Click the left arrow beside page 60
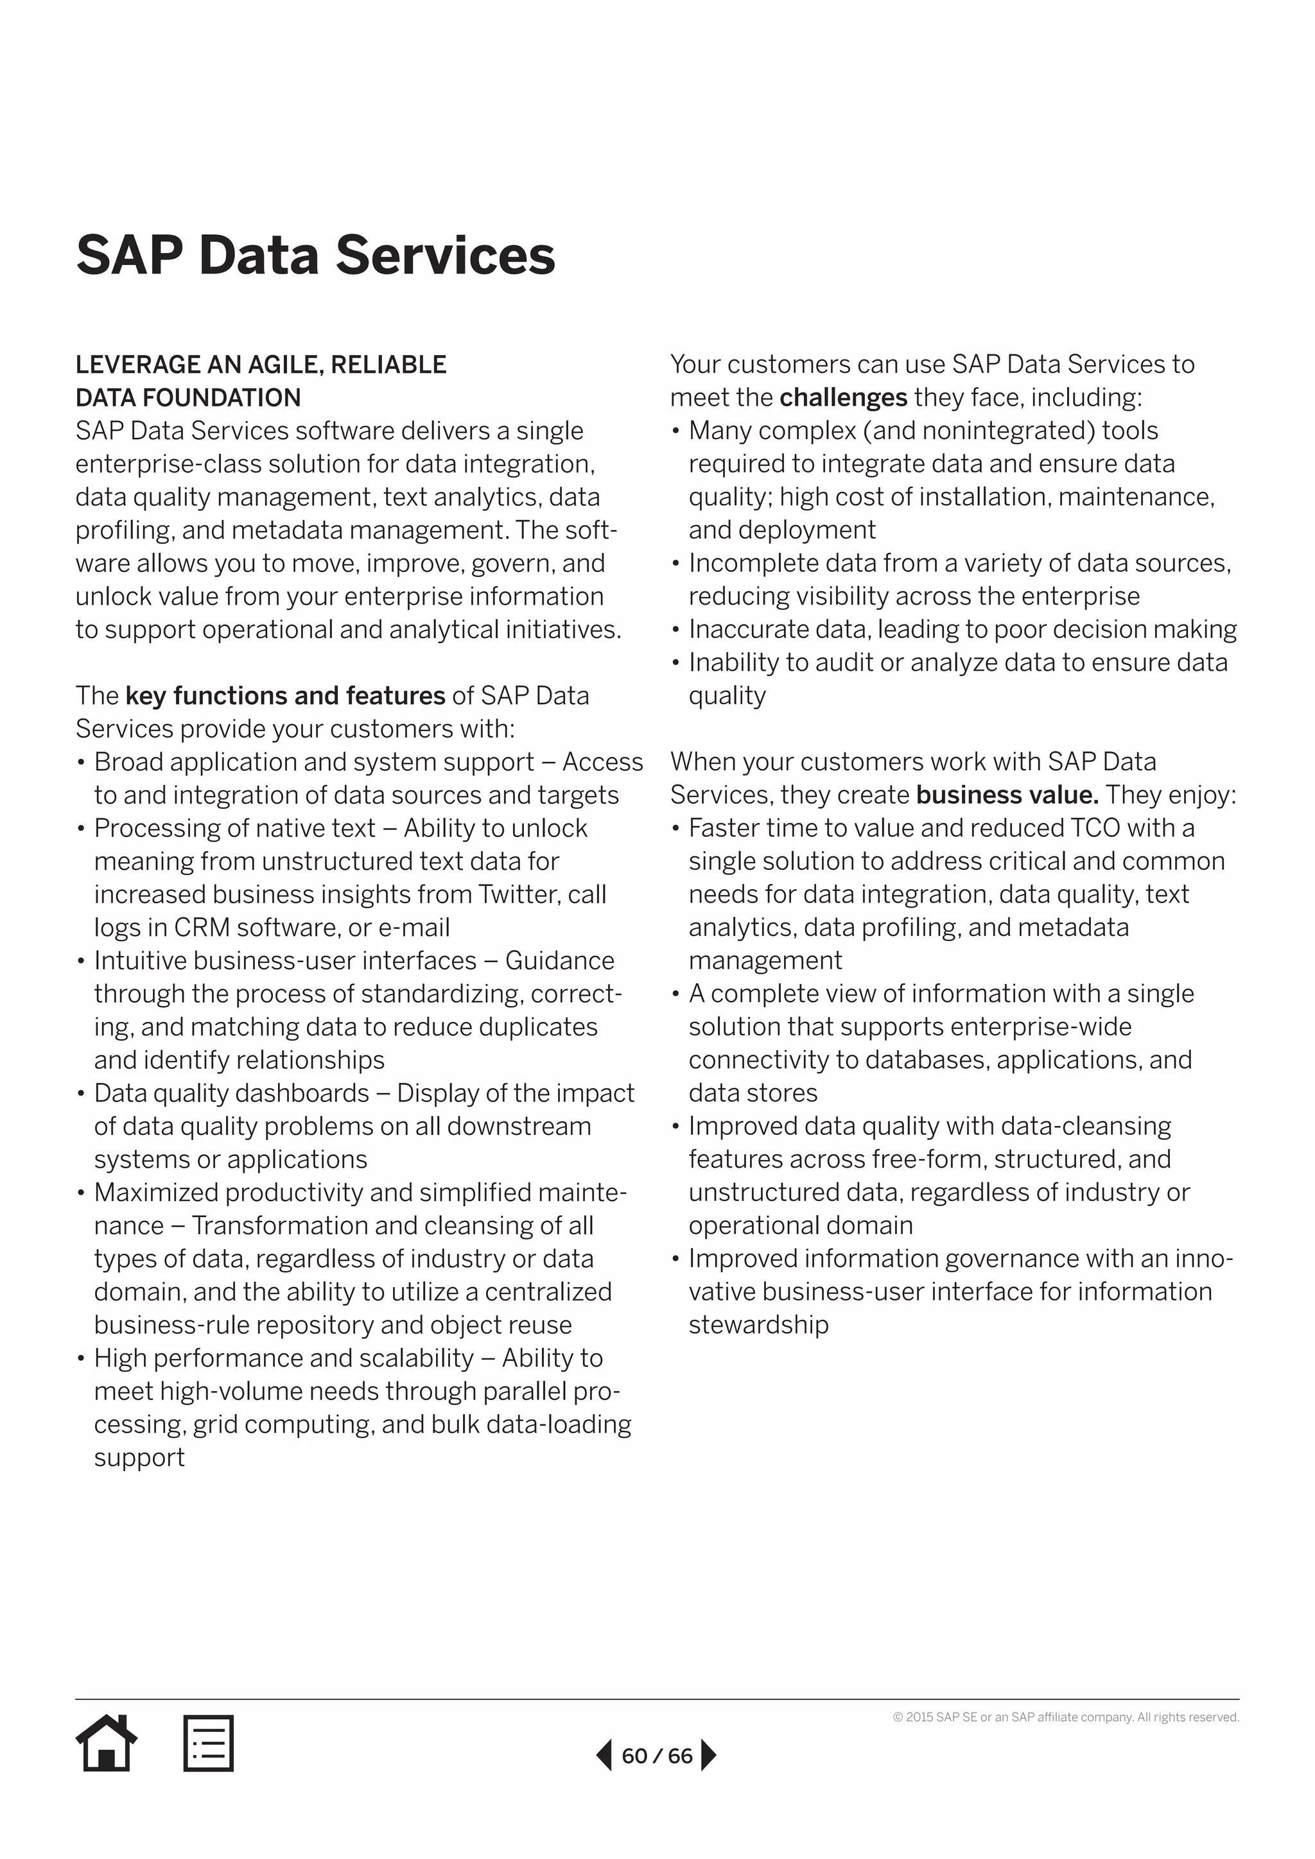coord(604,1756)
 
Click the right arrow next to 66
coord(708,1756)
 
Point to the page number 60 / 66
coord(657,1756)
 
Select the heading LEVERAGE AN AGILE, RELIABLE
coord(261,365)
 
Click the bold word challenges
coord(843,397)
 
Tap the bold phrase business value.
coord(1007,794)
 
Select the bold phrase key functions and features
coord(285,695)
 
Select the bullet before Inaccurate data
coord(675,630)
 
